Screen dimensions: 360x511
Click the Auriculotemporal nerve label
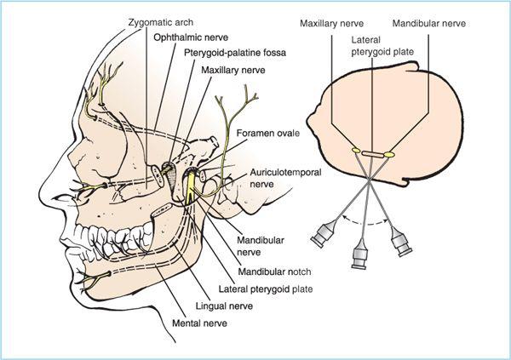tap(278, 176)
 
